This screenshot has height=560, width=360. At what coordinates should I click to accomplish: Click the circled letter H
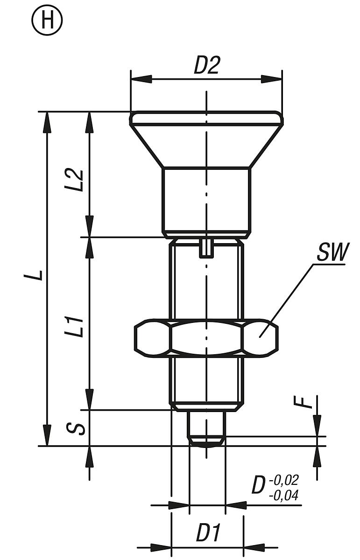point(47,21)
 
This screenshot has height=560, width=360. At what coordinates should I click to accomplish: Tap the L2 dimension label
point(77,180)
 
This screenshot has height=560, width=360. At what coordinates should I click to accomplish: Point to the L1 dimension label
point(77,327)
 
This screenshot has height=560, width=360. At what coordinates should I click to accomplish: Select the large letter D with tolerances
point(259,485)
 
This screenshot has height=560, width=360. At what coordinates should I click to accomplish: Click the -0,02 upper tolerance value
point(283,480)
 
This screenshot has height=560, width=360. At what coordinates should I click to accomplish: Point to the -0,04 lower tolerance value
point(283,495)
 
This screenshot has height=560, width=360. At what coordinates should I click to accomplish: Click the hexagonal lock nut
point(206,338)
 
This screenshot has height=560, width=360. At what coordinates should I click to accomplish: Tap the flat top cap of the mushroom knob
point(206,118)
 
